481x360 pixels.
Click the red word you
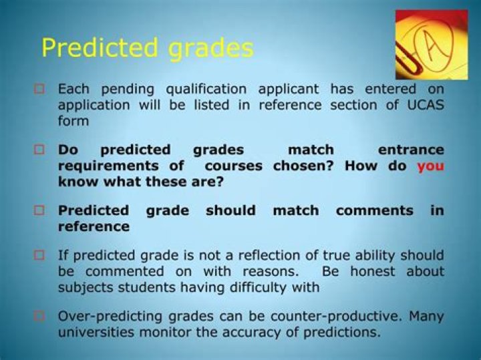(x=430, y=166)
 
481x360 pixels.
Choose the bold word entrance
(x=411, y=150)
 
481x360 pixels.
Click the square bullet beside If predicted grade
(x=39, y=256)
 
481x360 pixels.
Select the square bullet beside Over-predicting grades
(x=39, y=316)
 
